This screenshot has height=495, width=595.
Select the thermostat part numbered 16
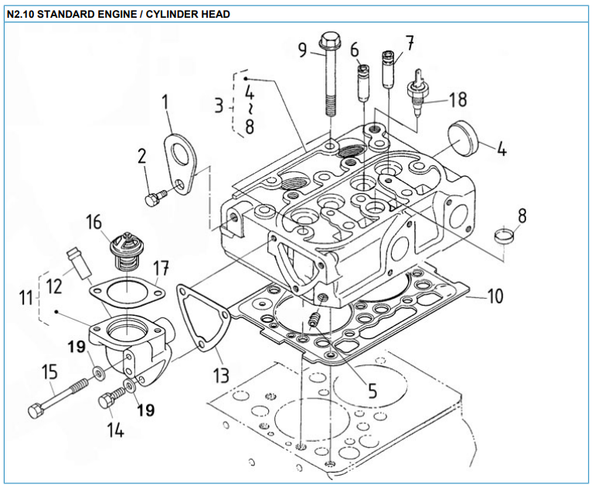[124, 251]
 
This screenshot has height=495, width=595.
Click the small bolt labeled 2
[153, 199]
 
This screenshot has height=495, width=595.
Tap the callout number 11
[26, 297]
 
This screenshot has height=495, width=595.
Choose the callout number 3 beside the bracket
[219, 103]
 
